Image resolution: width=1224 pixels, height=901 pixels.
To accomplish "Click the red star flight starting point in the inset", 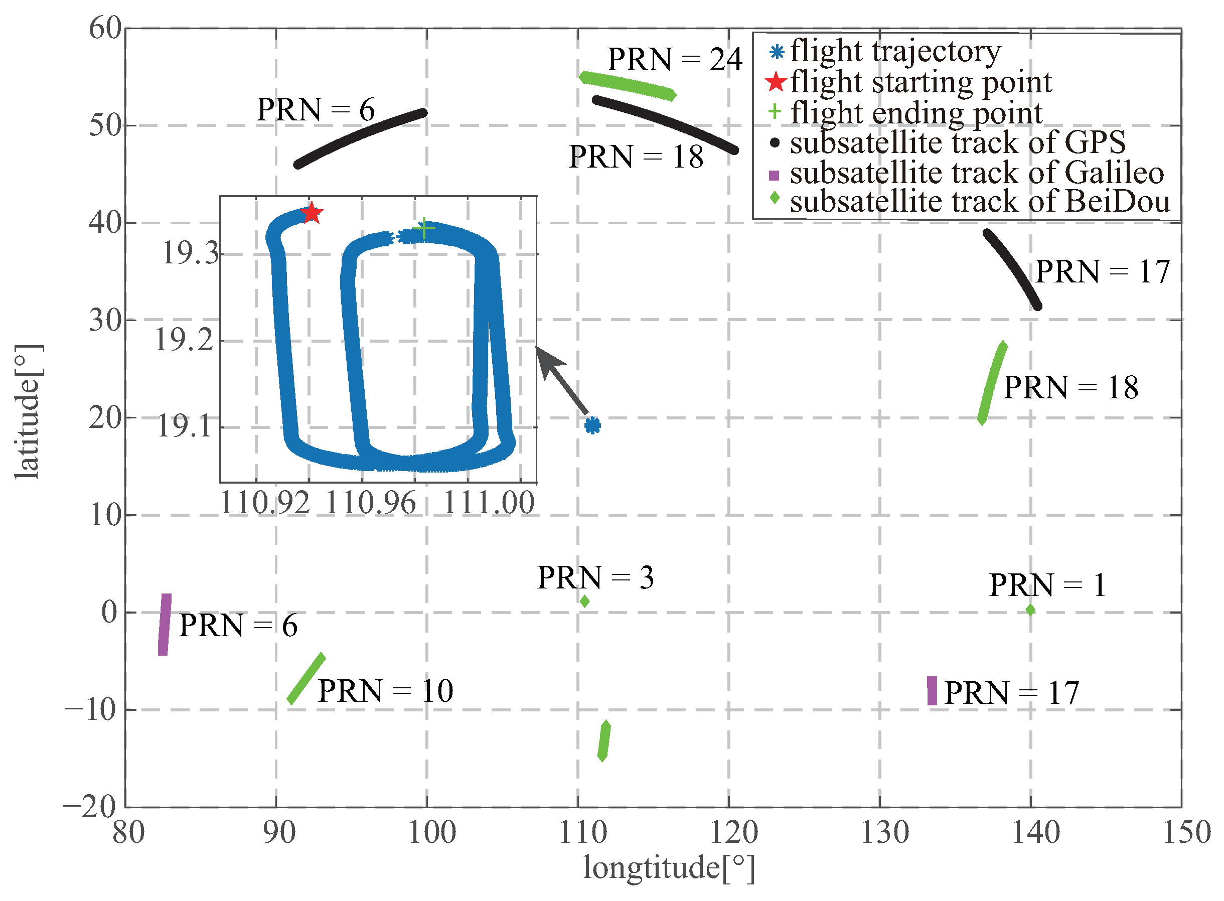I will click(x=312, y=213).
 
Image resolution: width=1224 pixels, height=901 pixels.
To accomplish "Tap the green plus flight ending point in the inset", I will click(x=424, y=228).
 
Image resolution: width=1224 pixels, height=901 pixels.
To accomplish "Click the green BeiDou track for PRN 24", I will click(x=627, y=86).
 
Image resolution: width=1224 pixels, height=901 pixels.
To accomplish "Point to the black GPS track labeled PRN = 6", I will click(x=360, y=137).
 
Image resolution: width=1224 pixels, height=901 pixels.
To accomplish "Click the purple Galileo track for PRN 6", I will click(x=164, y=625).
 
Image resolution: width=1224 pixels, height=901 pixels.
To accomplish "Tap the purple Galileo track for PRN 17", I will click(x=932, y=690).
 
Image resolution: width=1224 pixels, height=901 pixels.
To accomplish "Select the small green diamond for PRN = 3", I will click(x=584, y=601).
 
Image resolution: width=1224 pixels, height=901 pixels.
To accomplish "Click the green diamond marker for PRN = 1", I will click(x=1030, y=610).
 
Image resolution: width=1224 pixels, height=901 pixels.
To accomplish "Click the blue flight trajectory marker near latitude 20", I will click(x=592, y=425).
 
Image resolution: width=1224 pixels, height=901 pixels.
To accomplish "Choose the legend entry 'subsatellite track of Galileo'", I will click(x=976, y=173).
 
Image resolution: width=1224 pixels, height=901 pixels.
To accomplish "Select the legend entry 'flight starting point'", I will click(x=921, y=82).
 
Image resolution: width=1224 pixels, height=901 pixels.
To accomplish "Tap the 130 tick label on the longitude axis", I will click(x=885, y=833).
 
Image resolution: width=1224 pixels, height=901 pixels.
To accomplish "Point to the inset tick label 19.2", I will click(x=184, y=340).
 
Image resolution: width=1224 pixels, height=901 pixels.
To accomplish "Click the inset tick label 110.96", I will click(x=370, y=502).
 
